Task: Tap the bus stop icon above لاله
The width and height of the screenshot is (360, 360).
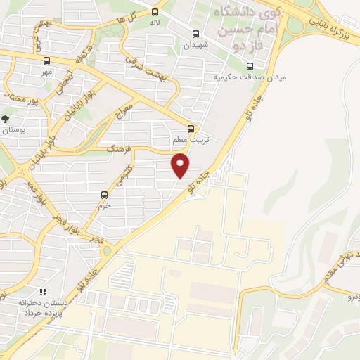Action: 156,11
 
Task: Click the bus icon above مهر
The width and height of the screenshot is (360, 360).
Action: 46,60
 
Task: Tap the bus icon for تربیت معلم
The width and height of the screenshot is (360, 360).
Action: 191,129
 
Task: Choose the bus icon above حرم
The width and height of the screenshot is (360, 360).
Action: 104,195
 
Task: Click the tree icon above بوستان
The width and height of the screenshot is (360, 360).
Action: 6,119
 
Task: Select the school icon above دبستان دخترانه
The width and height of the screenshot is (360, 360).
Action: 41,291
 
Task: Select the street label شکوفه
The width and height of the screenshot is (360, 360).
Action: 82,54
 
